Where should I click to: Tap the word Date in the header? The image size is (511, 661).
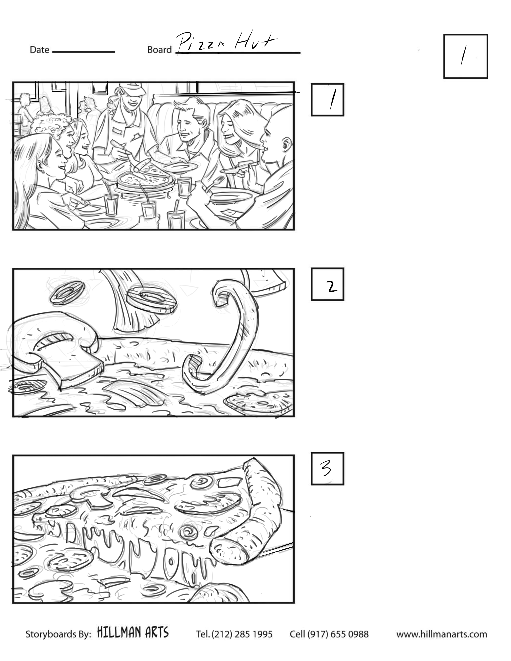coord(39,50)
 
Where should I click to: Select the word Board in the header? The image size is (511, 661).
coord(159,50)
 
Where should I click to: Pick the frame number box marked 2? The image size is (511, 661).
coord(328,284)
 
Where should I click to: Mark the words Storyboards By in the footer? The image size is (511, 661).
coord(58,634)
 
